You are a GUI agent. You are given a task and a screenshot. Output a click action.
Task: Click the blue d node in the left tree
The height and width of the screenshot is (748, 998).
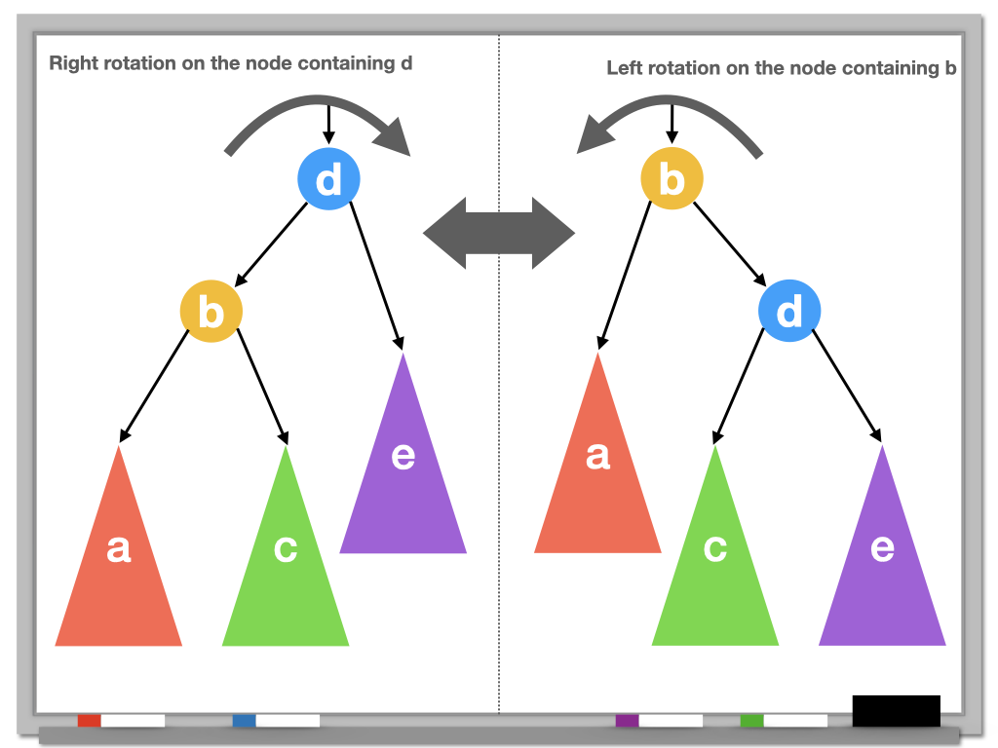pos(328,178)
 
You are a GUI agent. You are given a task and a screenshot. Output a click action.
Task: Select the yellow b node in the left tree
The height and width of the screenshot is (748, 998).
pos(211,312)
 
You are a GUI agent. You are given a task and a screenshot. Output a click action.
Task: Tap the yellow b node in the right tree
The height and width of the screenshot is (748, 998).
pos(671,179)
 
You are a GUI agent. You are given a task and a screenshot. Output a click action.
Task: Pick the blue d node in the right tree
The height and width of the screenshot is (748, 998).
pos(789,312)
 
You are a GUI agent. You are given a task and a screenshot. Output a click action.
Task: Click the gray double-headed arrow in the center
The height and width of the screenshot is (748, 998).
pos(499,234)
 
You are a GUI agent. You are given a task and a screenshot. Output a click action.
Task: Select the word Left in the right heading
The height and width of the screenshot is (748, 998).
pos(625,68)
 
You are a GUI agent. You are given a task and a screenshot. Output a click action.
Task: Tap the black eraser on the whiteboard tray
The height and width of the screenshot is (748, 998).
pos(896,710)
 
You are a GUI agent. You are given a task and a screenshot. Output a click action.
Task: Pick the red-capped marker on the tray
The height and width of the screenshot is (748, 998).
pos(121,721)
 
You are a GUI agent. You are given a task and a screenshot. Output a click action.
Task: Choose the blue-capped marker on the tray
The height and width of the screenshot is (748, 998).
pos(276,721)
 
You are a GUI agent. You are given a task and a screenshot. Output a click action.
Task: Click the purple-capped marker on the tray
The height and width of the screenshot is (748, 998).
pos(659,721)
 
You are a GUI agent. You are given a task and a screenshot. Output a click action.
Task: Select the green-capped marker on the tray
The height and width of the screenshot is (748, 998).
pos(784,721)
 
